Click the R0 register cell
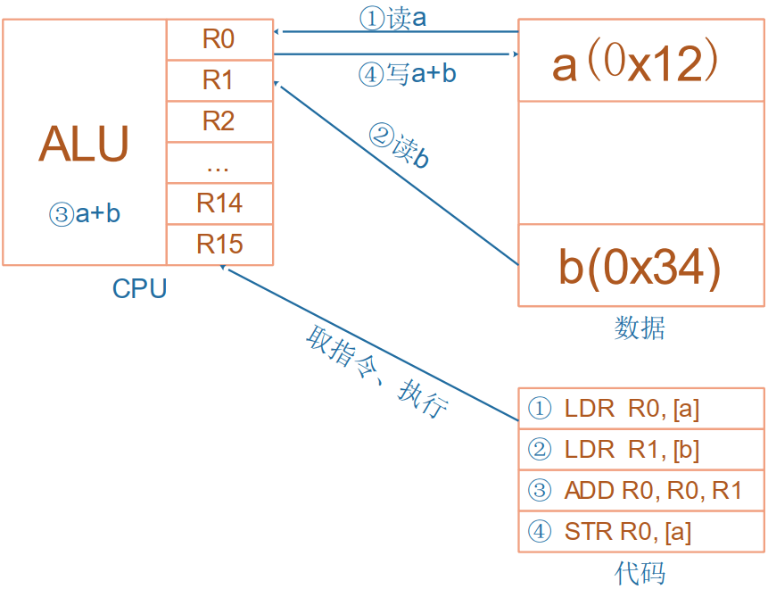tap(219, 39)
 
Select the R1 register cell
tap(219, 80)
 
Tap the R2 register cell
tap(219, 121)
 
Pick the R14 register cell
tap(219, 203)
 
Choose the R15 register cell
tap(219, 244)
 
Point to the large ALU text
tap(84, 145)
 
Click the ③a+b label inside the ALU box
tap(85, 214)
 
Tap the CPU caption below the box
tap(139, 289)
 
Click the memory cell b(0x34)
tap(640, 266)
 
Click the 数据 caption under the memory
tap(640, 328)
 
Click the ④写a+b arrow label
tap(407, 74)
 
